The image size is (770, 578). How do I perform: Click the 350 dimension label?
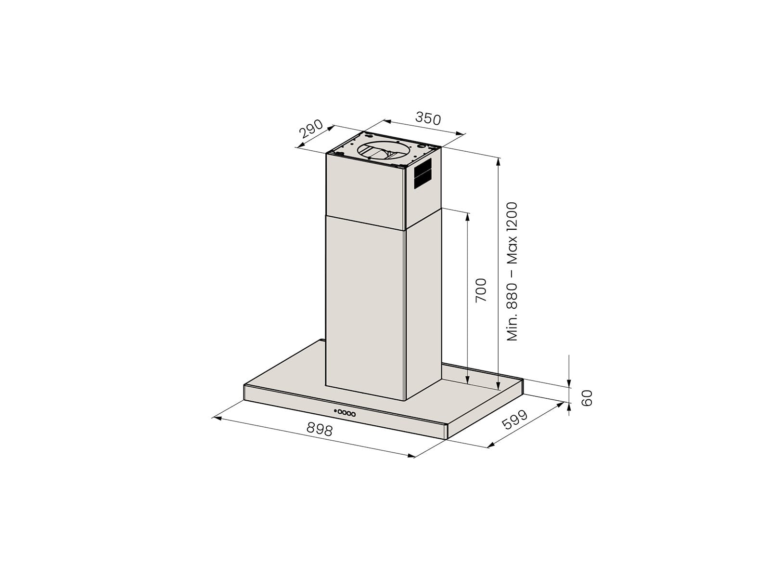point(428,118)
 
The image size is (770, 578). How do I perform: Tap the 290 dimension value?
point(311,129)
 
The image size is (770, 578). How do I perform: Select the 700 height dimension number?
point(481,290)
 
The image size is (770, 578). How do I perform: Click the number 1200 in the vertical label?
point(512,215)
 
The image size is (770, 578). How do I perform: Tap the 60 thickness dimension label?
point(587,398)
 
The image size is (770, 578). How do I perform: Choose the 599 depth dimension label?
point(514,420)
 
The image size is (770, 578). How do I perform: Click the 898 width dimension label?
point(319,429)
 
